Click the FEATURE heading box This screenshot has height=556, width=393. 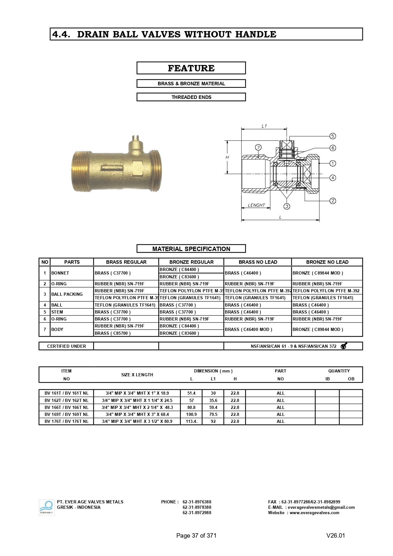[191, 68]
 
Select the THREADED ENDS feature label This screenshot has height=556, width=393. [191, 97]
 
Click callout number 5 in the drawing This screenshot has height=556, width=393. [333, 136]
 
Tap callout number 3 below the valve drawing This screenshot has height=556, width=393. [287, 206]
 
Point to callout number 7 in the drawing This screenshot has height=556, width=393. [258, 147]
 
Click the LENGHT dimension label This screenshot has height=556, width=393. [256, 205]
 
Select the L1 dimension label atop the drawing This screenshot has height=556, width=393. [264, 126]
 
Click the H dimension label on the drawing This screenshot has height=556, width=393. [227, 157]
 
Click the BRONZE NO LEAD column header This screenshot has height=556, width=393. [327, 262]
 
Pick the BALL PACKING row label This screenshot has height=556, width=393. [67, 294]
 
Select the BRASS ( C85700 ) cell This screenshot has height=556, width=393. [112, 333]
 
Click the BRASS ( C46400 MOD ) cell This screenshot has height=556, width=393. [249, 329]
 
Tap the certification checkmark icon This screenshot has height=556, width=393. [344, 346]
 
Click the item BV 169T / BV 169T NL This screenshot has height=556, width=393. [67, 414]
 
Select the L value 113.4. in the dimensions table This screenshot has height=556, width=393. [192, 421]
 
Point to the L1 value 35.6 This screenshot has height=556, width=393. [213, 400]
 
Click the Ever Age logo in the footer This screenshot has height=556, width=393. [47, 507]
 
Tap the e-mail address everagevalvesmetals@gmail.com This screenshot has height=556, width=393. [321, 507]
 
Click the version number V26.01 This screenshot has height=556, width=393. [336, 535]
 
